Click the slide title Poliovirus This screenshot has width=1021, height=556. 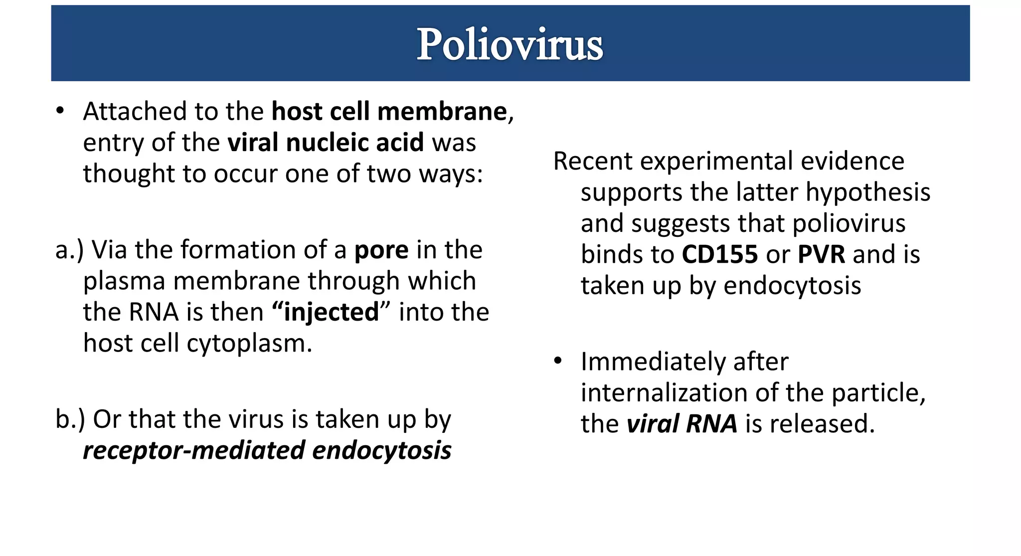click(x=510, y=44)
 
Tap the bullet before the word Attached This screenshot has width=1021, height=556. click(x=60, y=111)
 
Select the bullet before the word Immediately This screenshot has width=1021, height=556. click(x=558, y=361)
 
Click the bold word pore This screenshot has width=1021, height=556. click(x=381, y=250)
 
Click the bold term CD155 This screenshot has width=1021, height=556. click(x=719, y=254)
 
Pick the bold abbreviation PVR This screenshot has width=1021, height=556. click(x=821, y=254)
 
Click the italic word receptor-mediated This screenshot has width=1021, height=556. click(x=194, y=450)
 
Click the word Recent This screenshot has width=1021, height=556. click(x=593, y=161)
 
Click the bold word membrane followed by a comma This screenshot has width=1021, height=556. click(x=442, y=111)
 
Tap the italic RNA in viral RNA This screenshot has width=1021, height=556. click(x=711, y=424)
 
